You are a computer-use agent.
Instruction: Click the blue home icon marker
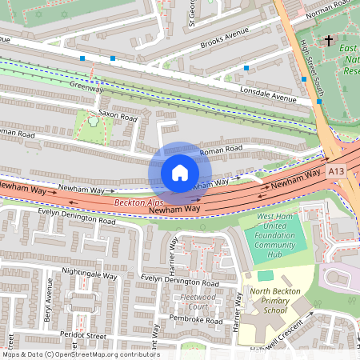pyautogui.click(x=179, y=173)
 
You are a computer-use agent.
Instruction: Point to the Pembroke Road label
pyautogui.click(x=196, y=320)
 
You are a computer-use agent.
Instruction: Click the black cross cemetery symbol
pyautogui.click(x=328, y=40)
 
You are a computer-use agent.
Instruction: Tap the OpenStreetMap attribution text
pyautogui.click(x=80, y=354)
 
